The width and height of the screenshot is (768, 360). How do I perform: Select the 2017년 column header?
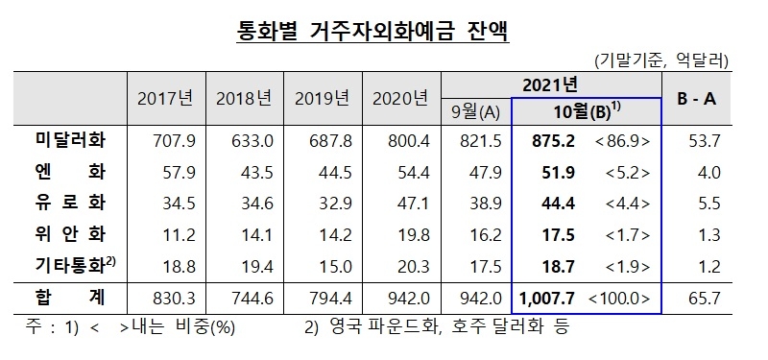pos(165,98)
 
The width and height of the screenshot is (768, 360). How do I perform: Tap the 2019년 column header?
pos(323,98)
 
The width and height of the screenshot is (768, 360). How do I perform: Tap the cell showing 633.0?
pos(244,140)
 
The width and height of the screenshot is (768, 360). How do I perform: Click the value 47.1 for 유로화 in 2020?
pos(401,202)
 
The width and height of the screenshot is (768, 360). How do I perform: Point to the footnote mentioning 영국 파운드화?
pos(437,327)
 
